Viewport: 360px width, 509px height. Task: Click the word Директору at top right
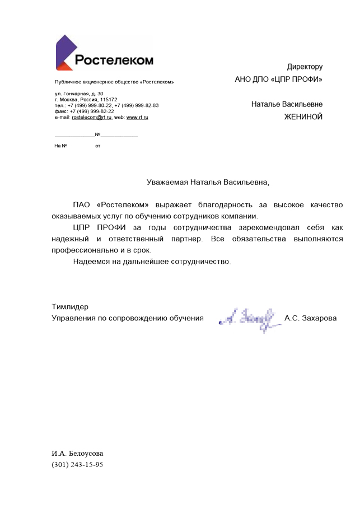[x=305, y=67]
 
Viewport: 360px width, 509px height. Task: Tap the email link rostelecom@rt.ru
[x=91, y=117]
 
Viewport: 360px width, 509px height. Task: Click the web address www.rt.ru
[x=137, y=117]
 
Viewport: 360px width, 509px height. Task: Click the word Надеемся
[x=91, y=261]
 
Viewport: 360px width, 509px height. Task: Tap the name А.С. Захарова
[x=311, y=318]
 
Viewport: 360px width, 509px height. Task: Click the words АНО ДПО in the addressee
[x=251, y=80]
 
